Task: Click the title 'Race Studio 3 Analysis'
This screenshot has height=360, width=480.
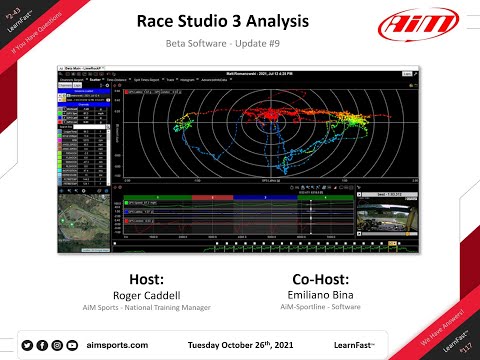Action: coord(240,22)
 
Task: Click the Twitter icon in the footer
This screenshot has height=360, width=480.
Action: coord(26,345)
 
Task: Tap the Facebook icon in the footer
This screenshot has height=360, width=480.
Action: coord(42,345)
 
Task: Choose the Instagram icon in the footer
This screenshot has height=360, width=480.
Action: coord(57,345)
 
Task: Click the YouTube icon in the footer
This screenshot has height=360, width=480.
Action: coord(73,345)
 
